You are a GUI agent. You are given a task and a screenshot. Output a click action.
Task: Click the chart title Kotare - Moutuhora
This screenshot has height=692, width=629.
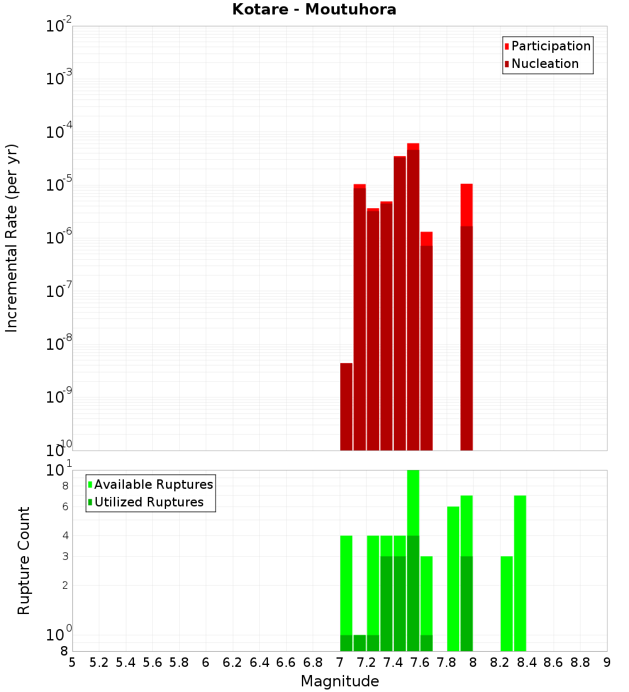point(314,10)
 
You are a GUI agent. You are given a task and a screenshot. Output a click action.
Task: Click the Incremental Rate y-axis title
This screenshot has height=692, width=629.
point(12,238)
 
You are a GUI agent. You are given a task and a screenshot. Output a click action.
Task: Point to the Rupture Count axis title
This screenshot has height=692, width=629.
point(24,560)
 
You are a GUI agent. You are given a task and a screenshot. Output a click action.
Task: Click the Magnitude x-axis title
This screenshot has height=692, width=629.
point(340,681)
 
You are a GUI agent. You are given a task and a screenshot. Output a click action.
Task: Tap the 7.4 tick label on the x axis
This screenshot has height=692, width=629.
point(393,662)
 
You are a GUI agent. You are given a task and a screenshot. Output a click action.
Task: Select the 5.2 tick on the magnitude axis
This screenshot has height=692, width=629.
point(99,662)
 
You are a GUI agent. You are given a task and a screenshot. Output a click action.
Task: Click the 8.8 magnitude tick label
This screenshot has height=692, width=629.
point(580,662)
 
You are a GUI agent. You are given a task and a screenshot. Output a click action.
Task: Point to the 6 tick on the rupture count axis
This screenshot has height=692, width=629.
point(65,507)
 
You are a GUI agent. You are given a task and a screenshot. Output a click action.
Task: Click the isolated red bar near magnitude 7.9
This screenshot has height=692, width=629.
point(466,315)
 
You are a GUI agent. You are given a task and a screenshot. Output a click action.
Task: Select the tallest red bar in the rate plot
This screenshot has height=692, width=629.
point(413,296)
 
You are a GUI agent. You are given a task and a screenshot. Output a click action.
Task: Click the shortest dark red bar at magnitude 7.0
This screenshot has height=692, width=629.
point(346,406)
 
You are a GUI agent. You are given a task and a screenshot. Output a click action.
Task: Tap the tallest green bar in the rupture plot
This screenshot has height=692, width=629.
point(413,560)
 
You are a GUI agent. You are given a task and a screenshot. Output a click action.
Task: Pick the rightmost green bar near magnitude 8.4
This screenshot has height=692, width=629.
point(520,572)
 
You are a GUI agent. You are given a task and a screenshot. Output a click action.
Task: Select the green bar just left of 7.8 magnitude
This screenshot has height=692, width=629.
point(453,579)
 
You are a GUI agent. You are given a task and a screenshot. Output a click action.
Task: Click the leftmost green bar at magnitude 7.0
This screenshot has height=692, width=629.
point(346,591)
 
